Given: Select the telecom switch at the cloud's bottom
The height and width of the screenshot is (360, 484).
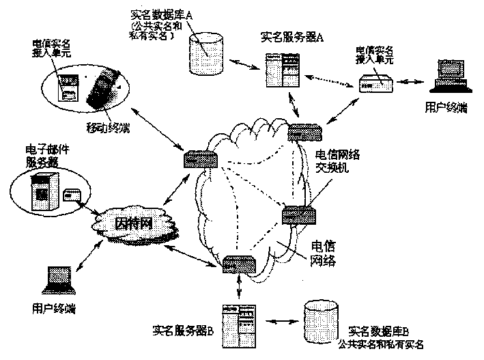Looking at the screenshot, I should point(239,264).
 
